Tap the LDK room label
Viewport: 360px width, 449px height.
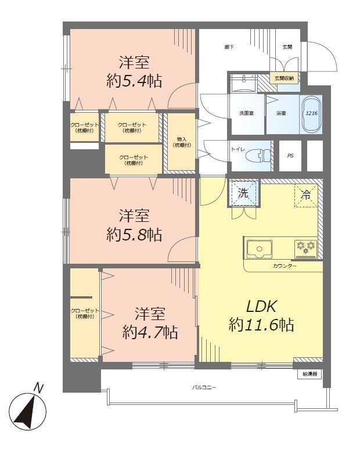[262, 306]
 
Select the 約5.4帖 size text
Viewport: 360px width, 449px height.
[134, 81]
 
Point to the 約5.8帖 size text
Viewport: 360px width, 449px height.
[134, 235]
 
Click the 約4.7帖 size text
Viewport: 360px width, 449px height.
[150, 332]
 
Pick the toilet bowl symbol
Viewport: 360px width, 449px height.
[259, 156]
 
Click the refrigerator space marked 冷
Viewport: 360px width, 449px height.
[305, 195]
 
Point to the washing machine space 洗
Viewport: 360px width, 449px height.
[243, 193]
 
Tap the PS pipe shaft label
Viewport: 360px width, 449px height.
[290, 156]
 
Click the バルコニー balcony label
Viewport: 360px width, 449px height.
[204, 386]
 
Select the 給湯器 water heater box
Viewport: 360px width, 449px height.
[309, 374]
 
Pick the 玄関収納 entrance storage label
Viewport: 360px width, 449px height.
[285, 78]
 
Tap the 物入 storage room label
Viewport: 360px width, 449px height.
[181, 142]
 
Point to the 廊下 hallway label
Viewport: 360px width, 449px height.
[229, 47]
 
